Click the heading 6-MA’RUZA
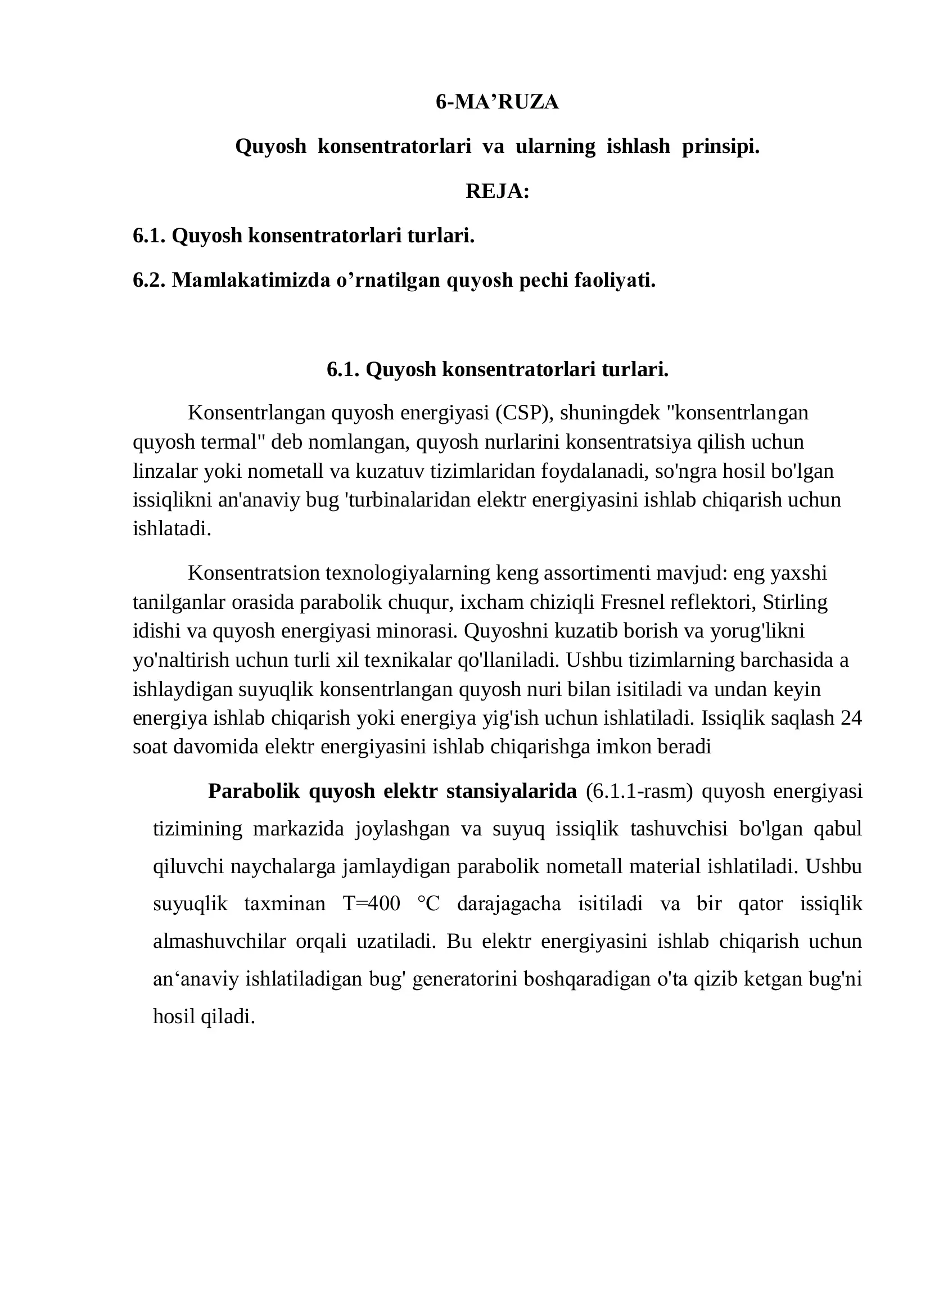[x=496, y=102]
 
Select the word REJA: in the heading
[x=497, y=191]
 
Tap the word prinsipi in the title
[x=720, y=147]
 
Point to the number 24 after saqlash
[x=851, y=718]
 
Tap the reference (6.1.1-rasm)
[x=639, y=791]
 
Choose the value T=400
[x=371, y=904]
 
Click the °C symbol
[x=428, y=904]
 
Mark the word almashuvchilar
[x=219, y=942]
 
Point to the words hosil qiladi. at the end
[x=204, y=1016]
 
